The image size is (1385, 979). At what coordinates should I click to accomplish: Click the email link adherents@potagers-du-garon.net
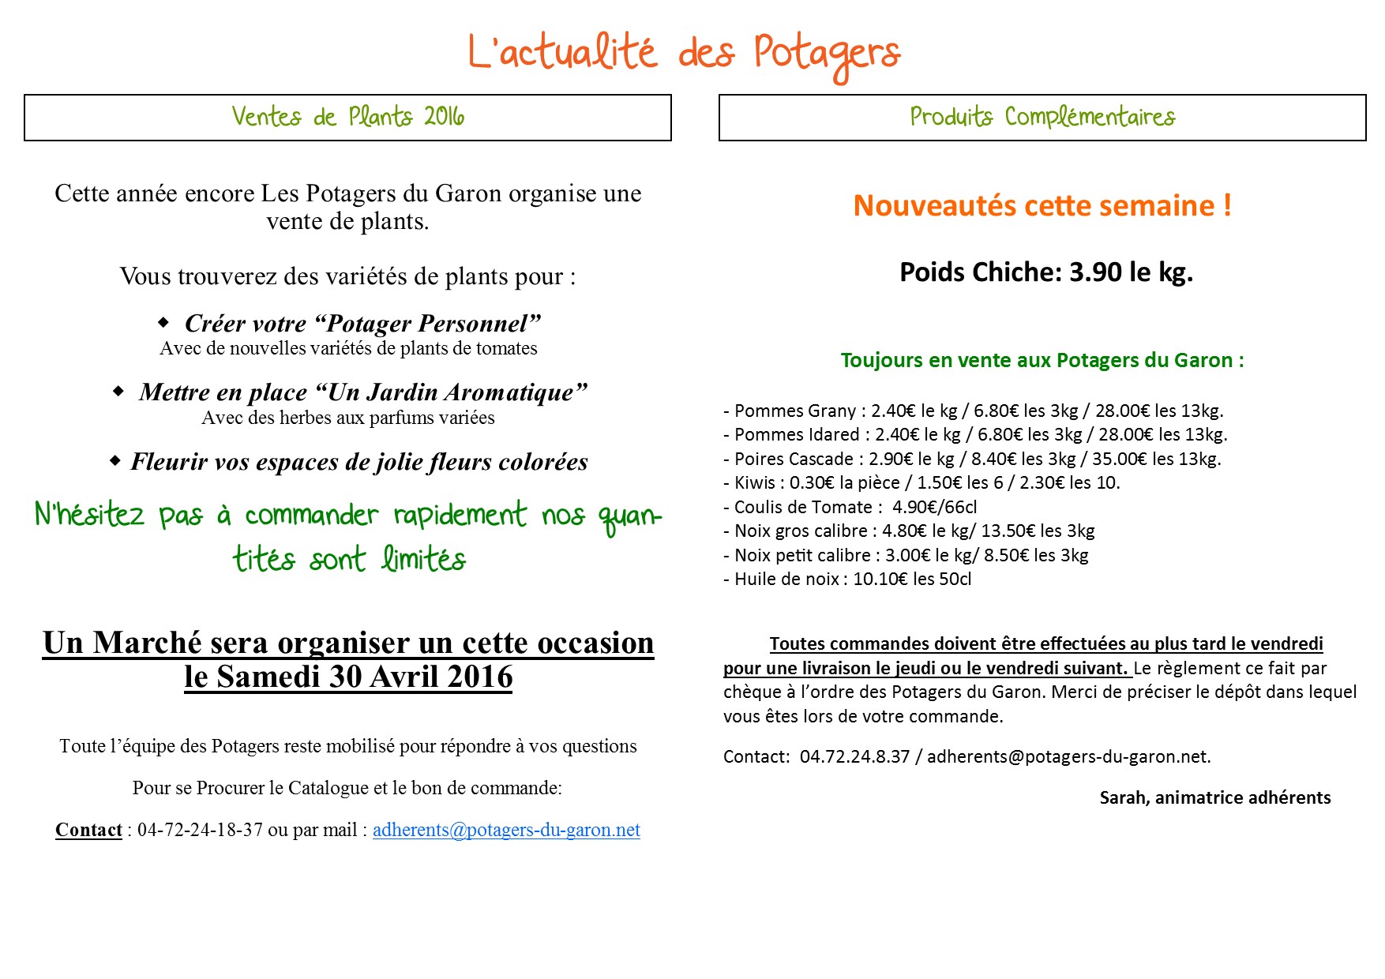(x=506, y=830)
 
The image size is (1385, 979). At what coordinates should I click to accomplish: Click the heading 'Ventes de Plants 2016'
(x=347, y=117)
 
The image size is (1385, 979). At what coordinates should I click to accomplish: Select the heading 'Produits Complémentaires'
(x=1042, y=117)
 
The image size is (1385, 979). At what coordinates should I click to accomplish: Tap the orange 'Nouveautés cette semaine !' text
(x=1042, y=206)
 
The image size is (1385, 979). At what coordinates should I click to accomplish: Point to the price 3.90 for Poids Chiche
(x=1095, y=272)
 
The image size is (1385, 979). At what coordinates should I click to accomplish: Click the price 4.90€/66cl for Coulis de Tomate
(x=934, y=507)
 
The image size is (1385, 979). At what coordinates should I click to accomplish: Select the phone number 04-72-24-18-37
(x=200, y=830)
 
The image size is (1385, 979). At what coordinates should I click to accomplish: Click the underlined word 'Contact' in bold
(x=88, y=830)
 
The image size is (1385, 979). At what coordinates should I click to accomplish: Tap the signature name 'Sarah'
(x=1123, y=797)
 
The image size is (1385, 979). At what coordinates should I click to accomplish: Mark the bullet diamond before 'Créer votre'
(x=163, y=322)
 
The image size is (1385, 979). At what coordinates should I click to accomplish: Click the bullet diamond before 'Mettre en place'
(x=118, y=391)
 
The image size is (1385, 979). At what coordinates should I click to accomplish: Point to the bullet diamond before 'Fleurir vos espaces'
(x=115, y=459)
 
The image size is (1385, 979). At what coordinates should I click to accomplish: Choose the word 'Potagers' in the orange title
(x=826, y=54)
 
